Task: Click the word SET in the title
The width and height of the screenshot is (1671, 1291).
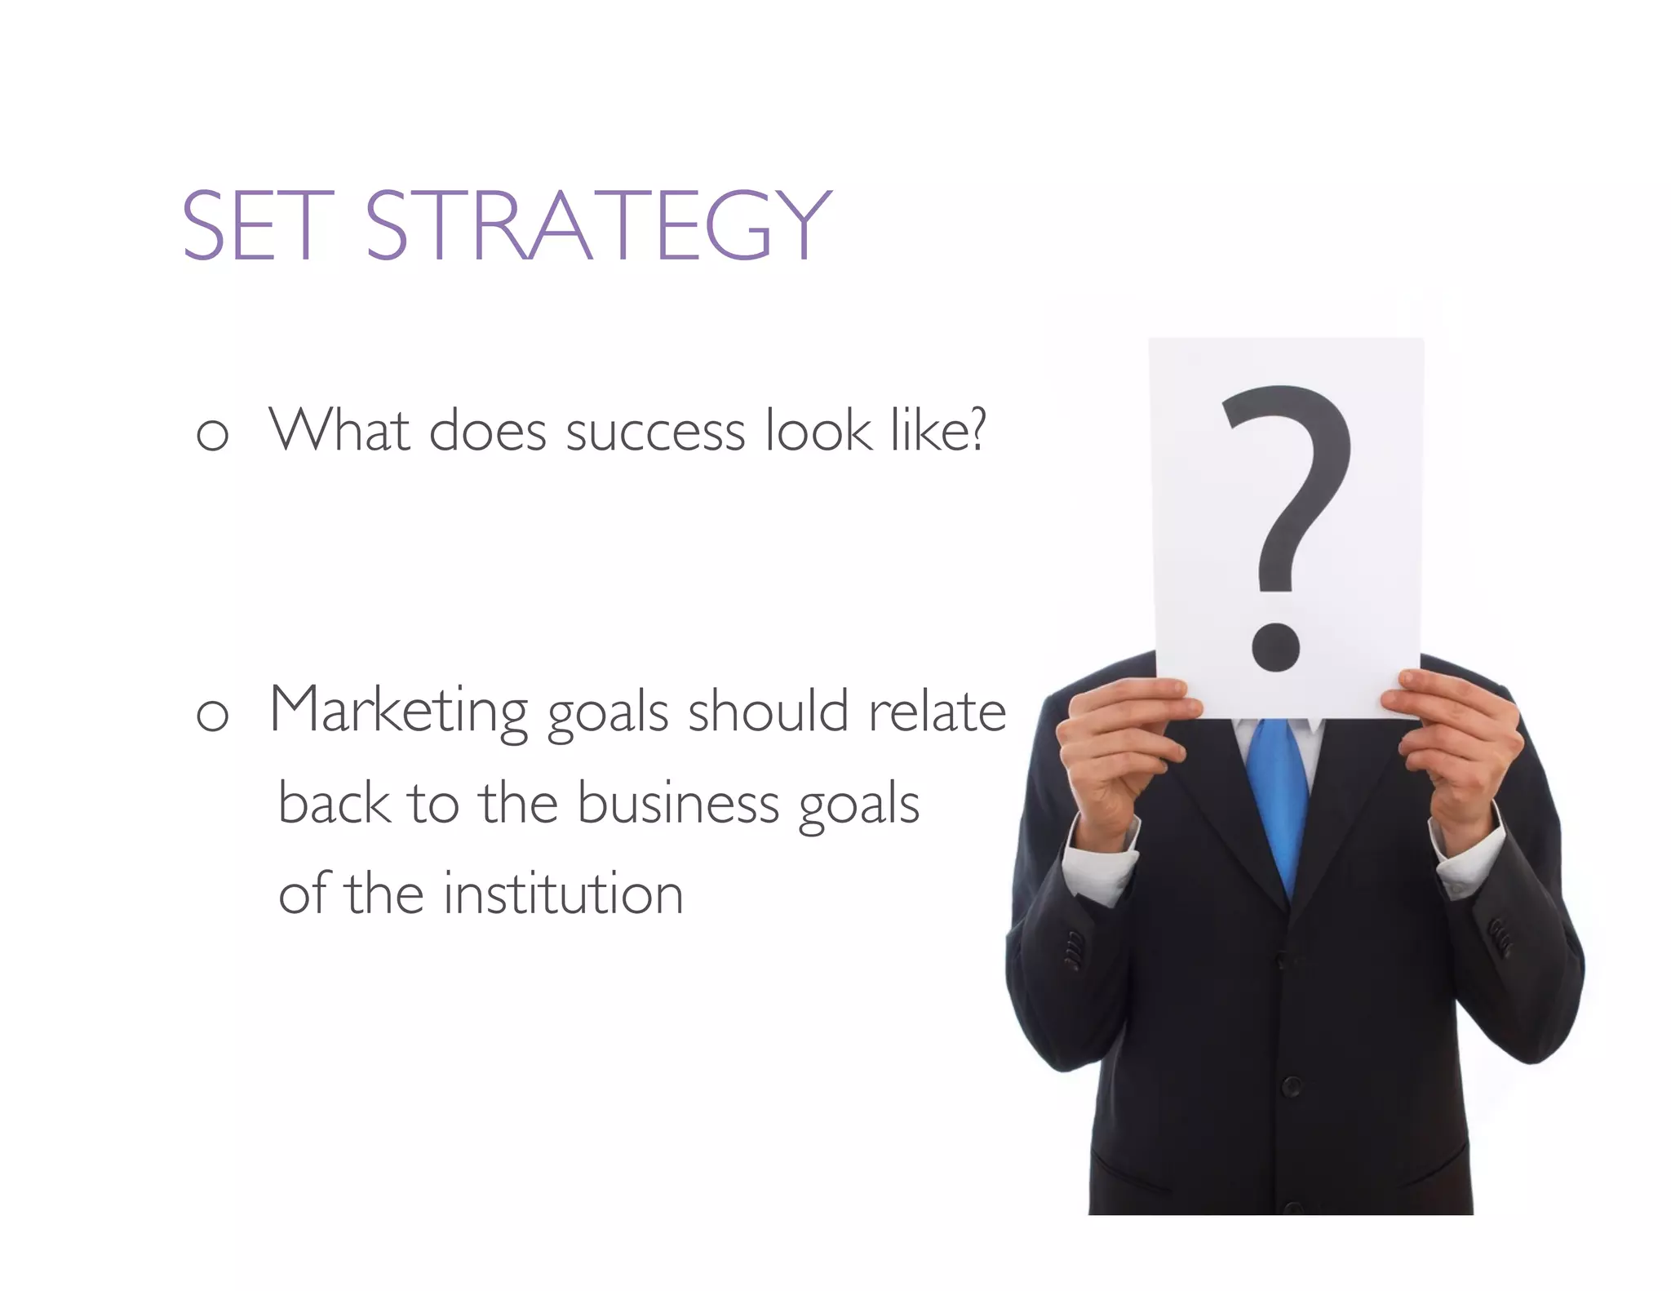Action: click(257, 225)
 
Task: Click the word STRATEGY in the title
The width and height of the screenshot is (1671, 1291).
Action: click(598, 225)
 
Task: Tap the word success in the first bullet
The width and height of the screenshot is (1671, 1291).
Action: click(655, 431)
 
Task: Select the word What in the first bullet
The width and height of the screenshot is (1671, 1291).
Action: click(339, 429)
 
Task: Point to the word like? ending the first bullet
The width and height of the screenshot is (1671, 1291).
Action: click(937, 429)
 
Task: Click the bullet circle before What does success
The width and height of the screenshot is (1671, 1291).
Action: click(212, 434)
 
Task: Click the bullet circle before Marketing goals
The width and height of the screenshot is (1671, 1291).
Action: click(212, 716)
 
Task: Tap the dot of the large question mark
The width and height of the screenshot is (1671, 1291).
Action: click(1275, 645)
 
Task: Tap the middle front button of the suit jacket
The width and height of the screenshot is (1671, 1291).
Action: click(1291, 1086)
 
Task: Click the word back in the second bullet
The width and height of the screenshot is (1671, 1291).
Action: click(334, 803)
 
